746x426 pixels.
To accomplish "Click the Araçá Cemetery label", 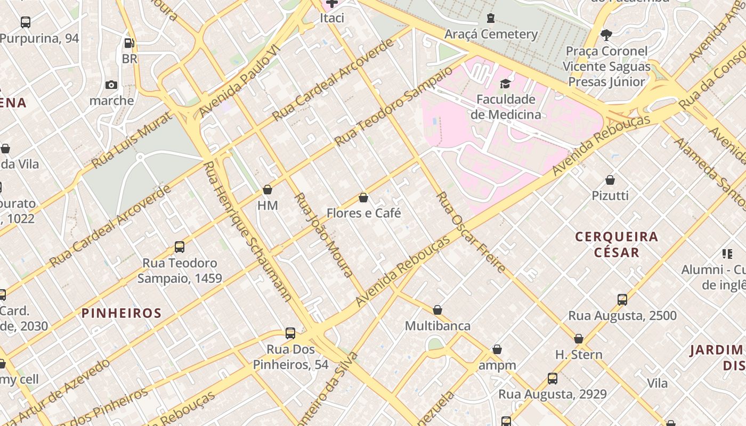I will (x=491, y=35).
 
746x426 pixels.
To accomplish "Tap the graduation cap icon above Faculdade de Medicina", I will (x=505, y=84).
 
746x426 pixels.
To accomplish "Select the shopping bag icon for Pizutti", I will (x=610, y=181).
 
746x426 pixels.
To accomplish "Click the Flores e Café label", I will (x=363, y=214).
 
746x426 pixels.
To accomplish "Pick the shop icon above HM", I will (x=267, y=190).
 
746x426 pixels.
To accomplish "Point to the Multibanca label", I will (x=437, y=326).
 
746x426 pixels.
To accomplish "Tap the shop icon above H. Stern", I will (x=579, y=339).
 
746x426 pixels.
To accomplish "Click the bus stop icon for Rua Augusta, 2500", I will (x=622, y=300).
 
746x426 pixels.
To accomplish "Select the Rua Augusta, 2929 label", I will (x=552, y=395).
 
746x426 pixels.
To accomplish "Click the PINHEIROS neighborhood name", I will (x=121, y=313).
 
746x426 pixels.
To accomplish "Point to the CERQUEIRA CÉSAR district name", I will (x=617, y=244).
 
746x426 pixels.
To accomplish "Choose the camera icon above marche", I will (x=111, y=85).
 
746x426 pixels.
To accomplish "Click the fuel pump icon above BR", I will (x=129, y=43).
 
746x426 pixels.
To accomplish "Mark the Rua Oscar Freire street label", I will (x=471, y=232).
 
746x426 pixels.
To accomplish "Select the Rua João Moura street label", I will (x=323, y=235).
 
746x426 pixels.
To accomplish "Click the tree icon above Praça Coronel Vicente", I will (x=606, y=36).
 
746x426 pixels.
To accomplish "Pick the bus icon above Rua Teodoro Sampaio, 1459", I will (x=180, y=247).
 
